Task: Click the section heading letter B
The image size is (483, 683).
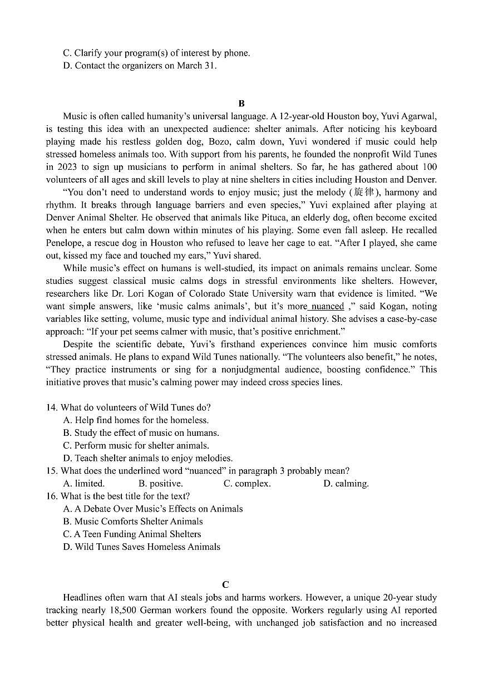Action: [x=241, y=104]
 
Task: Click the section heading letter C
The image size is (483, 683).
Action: [x=225, y=584]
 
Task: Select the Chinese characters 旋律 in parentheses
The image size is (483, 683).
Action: [x=364, y=193]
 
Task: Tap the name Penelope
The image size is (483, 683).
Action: [x=65, y=243]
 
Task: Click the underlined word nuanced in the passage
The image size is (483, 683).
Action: [x=327, y=306]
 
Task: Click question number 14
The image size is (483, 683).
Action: [x=52, y=407]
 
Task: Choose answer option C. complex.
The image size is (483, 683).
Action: [x=247, y=484]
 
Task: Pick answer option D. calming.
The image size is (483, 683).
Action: [x=346, y=484]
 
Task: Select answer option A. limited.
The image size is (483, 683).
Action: [x=84, y=484]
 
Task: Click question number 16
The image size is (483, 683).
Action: [x=52, y=496]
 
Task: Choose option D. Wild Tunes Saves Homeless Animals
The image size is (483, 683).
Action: [x=142, y=547]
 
